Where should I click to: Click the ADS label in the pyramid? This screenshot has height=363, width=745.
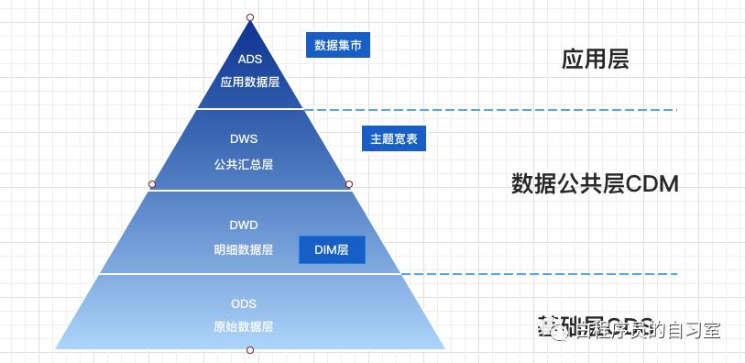tap(249, 59)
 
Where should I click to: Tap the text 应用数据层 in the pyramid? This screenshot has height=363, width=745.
tap(249, 81)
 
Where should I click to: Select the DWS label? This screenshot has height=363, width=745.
tap(244, 139)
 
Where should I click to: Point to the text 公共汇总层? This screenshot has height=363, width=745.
tap(244, 165)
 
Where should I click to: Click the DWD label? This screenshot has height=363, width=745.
tap(244, 224)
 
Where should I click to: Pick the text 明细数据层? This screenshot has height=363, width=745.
tap(244, 249)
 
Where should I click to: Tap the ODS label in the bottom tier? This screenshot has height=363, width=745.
tap(244, 302)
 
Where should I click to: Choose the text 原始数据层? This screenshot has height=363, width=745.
tap(244, 326)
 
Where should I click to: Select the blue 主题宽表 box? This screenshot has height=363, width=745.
tap(394, 139)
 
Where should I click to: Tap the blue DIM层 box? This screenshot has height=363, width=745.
tap(332, 249)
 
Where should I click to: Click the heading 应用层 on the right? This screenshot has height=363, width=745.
tap(595, 60)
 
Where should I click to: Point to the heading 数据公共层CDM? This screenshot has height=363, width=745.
tap(594, 184)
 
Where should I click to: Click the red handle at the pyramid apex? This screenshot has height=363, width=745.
tap(250, 17)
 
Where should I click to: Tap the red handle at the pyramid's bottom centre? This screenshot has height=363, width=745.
tap(250, 350)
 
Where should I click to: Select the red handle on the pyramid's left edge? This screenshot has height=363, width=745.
tap(152, 184)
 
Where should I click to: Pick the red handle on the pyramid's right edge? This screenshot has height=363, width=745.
tap(349, 184)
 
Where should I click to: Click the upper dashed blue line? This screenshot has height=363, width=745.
tap(495, 110)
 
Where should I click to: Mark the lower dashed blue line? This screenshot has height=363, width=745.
tap(541, 274)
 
